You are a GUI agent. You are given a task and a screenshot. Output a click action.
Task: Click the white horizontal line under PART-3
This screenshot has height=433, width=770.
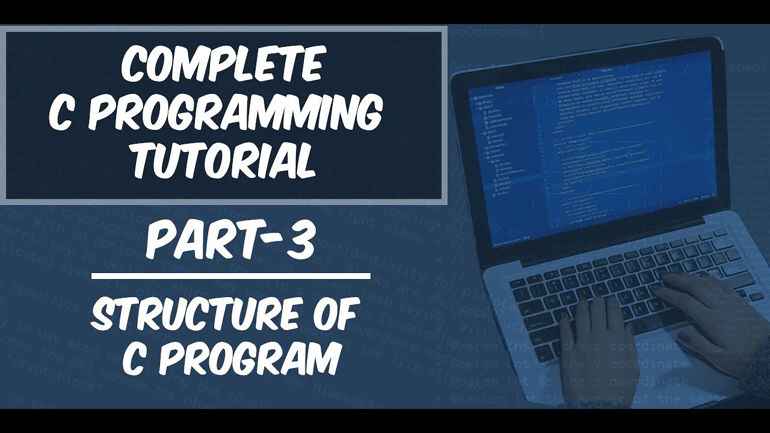pyautogui.click(x=231, y=277)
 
